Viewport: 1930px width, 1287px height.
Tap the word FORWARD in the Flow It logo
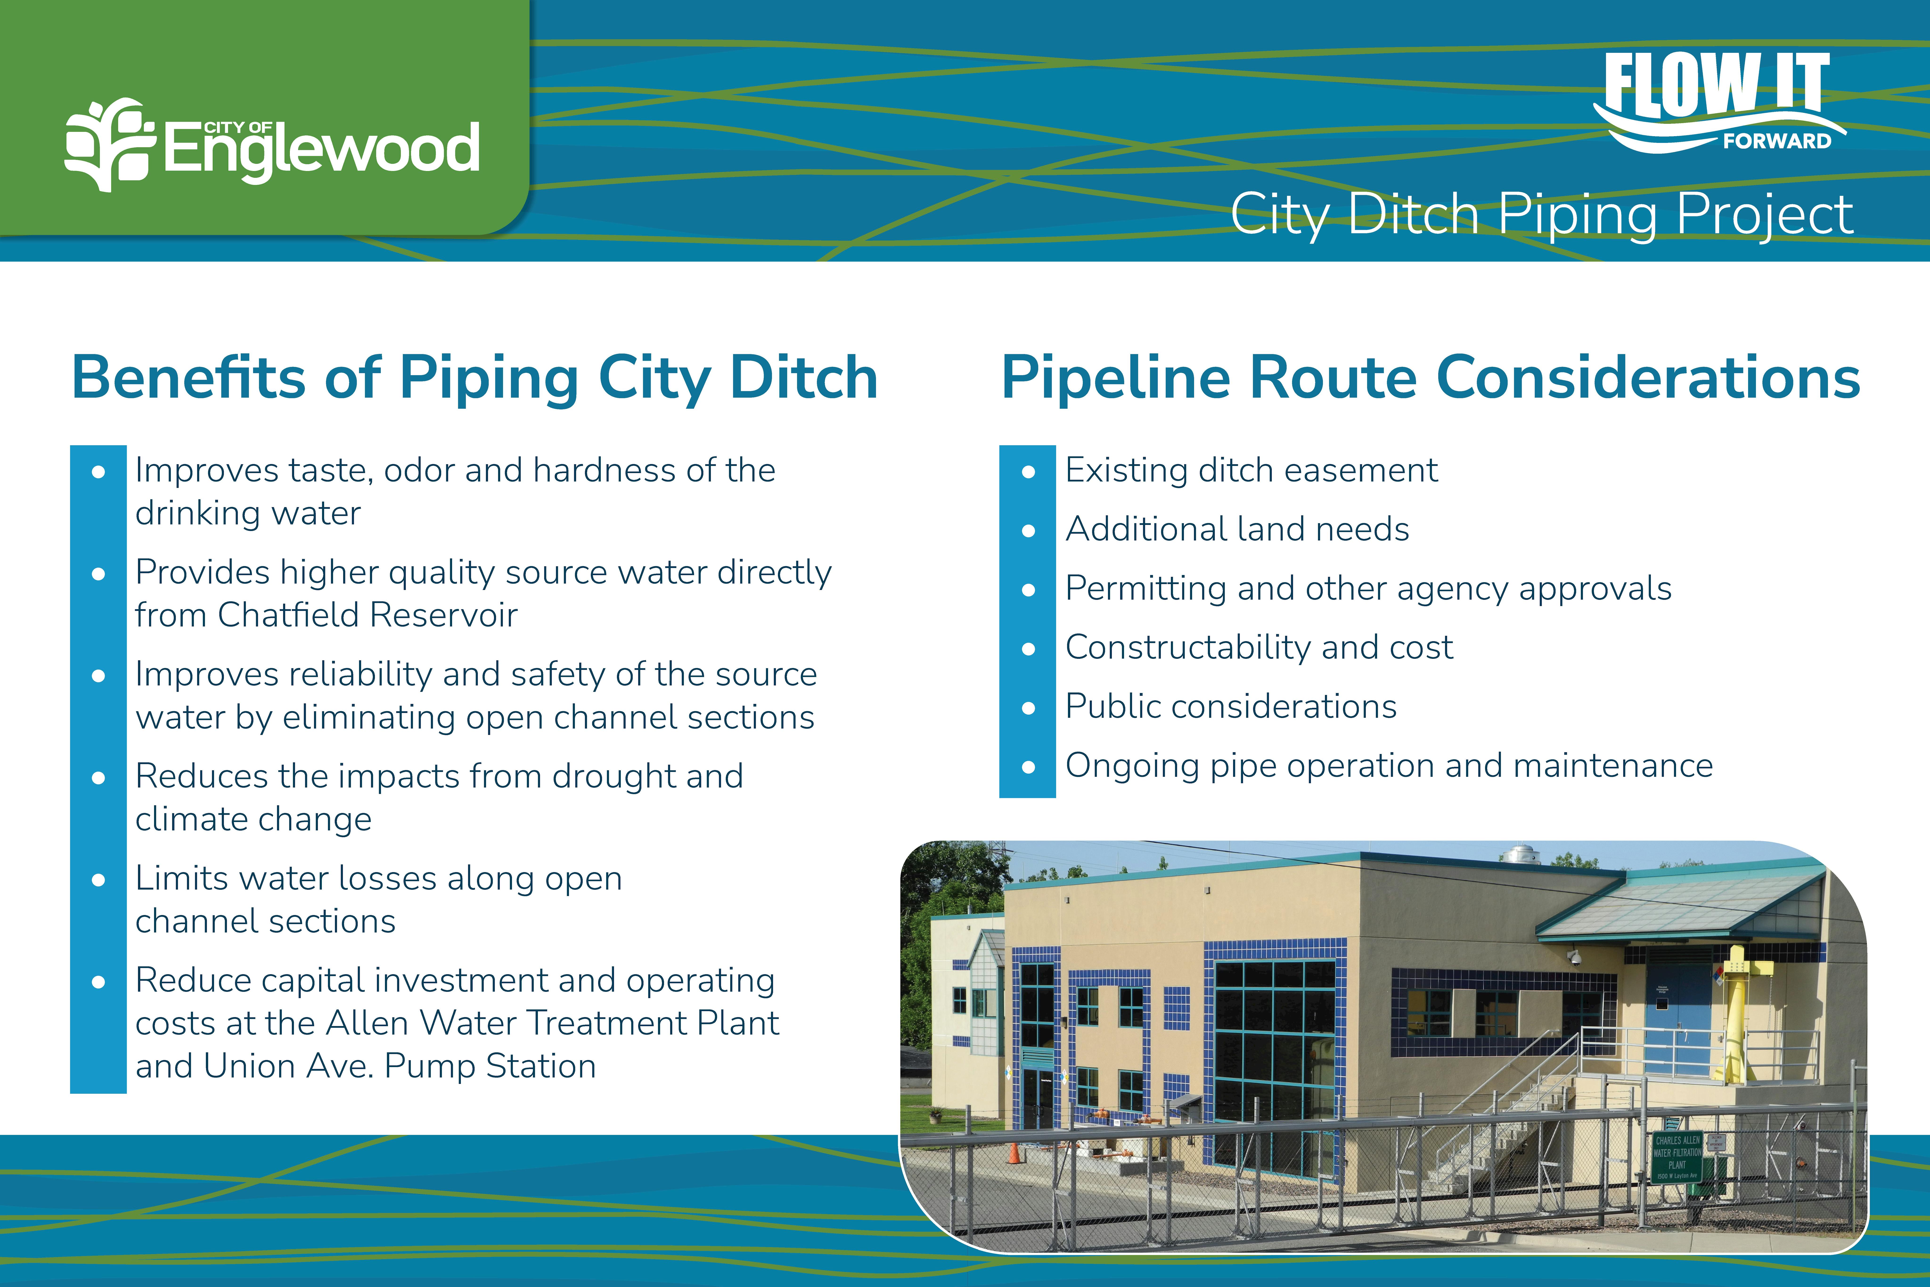pos(1777,141)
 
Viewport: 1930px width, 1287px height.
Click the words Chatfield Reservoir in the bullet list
pos(368,615)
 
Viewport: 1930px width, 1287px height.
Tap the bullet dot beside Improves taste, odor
pos(98,472)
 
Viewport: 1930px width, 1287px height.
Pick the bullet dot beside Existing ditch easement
pos(1028,472)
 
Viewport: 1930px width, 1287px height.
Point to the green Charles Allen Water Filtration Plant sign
pos(1677,1156)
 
